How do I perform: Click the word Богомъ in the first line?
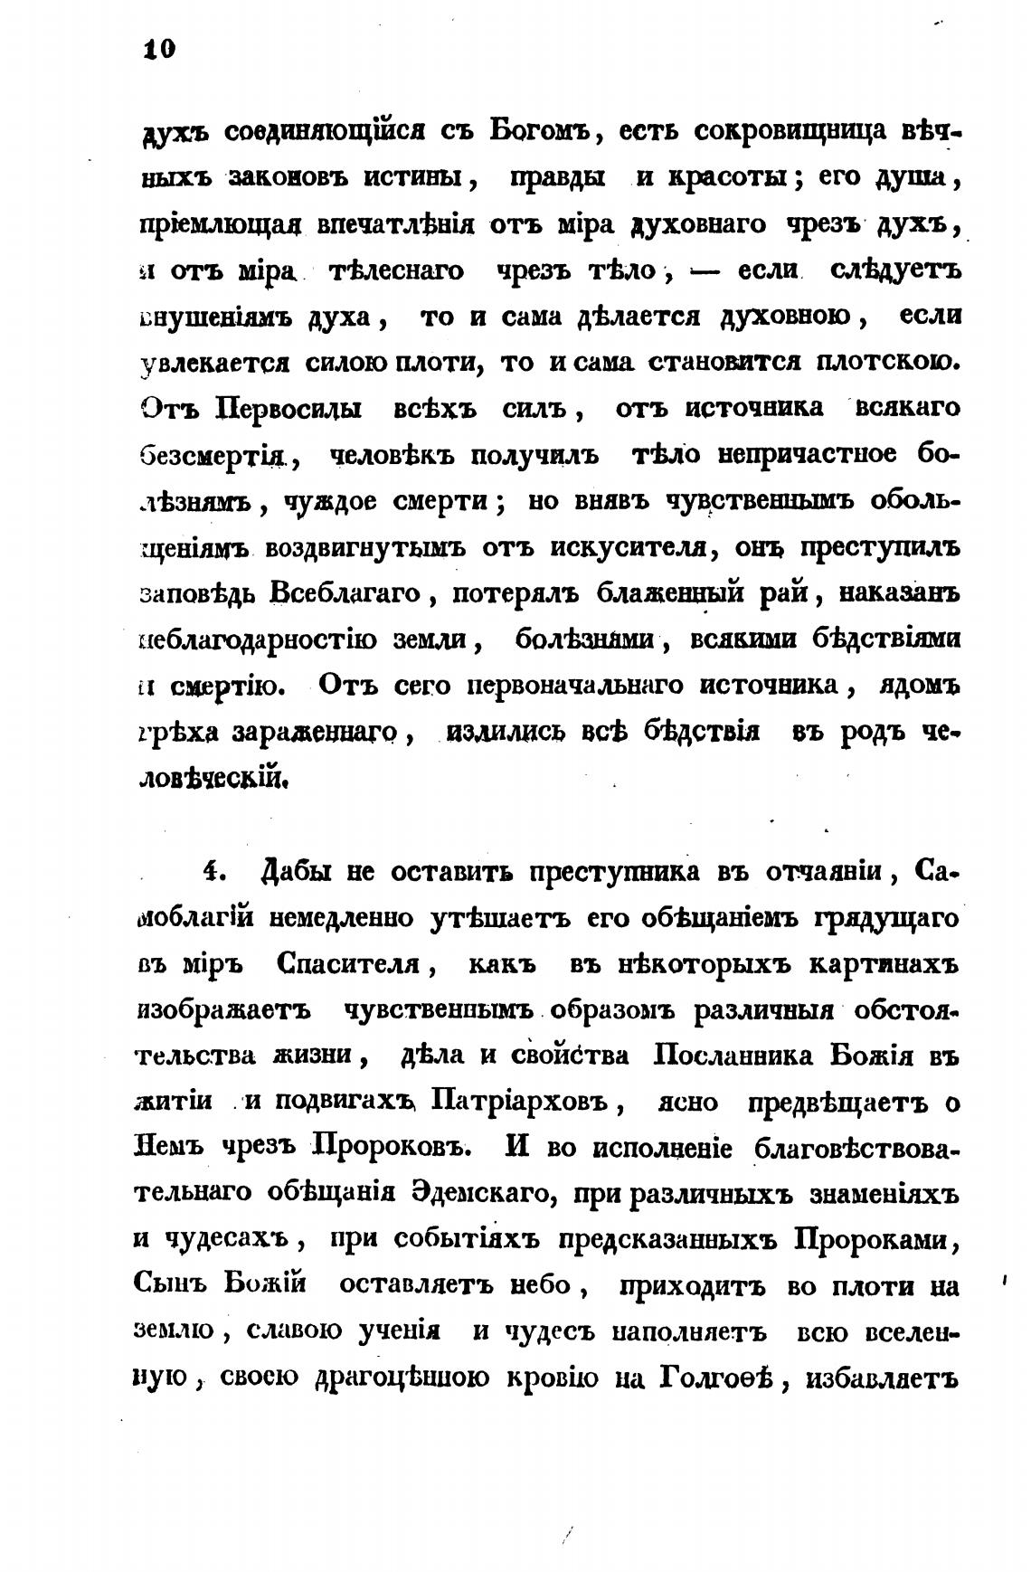pyautogui.click(x=540, y=130)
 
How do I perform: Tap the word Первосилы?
pyautogui.click(x=289, y=408)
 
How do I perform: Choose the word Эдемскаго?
pyautogui.click(x=479, y=1195)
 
